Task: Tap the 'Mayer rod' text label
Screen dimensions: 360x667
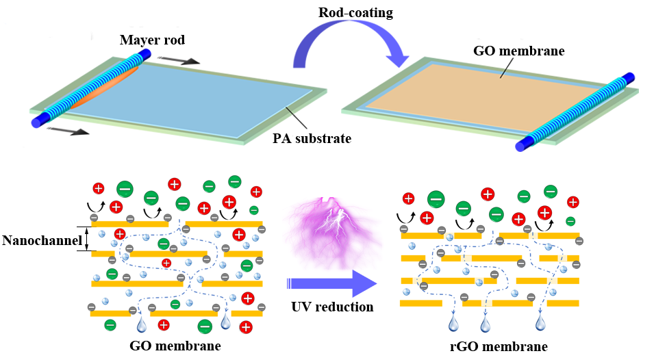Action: point(151,39)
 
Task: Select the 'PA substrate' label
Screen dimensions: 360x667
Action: point(312,139)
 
